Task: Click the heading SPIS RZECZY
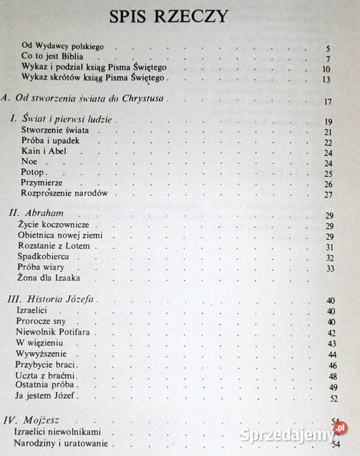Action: pyautogui.click(x=179, y=17)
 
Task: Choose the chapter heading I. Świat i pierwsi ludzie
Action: pyautogui.click(x=66, y=120)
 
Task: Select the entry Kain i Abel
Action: pyautogui.click(x=44, y=151)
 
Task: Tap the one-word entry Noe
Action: pyautogui.click(x=29, y=161)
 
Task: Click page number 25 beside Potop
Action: pyautogui.click(x=328, y=174)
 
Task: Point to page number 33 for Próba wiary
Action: pyautogui.click(x=328, y=268)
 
